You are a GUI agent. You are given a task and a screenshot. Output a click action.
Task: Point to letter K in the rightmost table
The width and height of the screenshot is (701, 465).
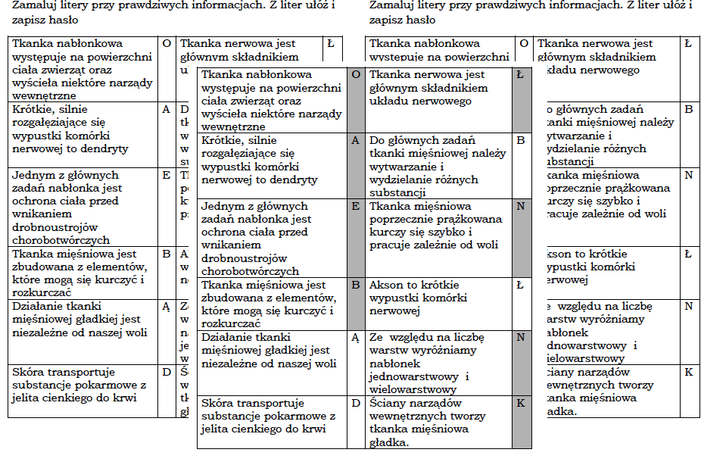(x=688, y=373)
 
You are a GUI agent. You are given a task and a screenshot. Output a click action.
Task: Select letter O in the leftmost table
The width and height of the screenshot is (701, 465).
(x=167, y=44)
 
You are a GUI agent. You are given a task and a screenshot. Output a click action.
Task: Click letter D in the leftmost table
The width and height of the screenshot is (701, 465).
(x=167, y=372)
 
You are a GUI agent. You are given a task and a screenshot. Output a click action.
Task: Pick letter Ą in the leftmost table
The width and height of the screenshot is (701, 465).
(x=167, y=307)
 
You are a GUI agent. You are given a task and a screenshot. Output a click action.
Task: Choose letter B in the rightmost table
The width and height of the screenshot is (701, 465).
(x=688, y=109)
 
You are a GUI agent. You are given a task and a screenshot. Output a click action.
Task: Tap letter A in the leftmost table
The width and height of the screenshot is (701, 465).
(x=167, y=109)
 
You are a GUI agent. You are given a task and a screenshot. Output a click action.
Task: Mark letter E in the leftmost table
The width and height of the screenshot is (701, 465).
(x=167, y=175)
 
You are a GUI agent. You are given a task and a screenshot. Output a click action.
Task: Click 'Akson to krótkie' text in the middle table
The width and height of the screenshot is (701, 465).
(x=413, y=286)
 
